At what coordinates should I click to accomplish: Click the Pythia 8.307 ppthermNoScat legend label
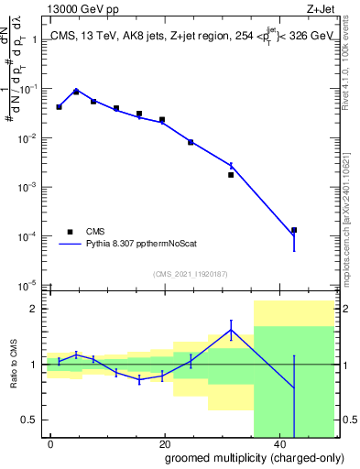pyautogui.click(x=140, y=245)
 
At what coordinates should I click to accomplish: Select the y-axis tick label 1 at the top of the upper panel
pyautogui.click(x=37, y=40)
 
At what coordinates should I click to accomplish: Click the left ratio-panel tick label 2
pyautogui.click(x=37, y=309)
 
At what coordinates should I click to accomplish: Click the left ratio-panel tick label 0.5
pyautogui.click(x=31, y=420)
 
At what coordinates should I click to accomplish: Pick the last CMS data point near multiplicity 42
pyautogui.click(x=294, y=231)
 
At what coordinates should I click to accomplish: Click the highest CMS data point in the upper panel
pyautogui.click(x=76, y=92)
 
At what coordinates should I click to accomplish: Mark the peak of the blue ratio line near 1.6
pyautogui.click(x=231, y=330)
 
